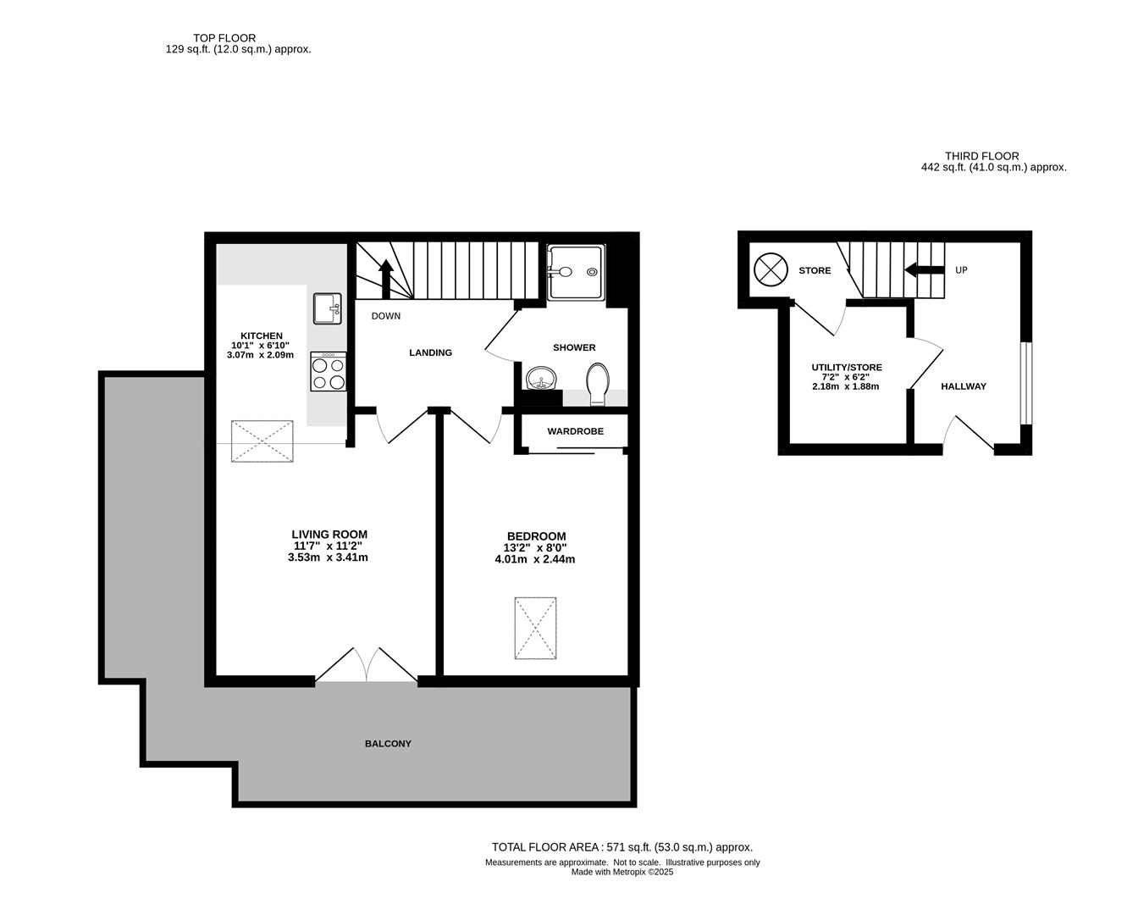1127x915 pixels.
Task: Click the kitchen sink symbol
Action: [x=327, y=308]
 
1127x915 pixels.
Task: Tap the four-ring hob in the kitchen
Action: [x=328, y=371]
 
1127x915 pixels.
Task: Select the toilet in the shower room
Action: [x=597, y=384]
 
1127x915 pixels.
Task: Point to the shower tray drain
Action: [x=592, y=272]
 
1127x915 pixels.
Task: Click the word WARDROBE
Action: [x=575, y=431]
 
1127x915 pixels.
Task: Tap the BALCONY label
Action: [x=388, y=744]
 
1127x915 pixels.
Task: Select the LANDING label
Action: [x=430, y=352]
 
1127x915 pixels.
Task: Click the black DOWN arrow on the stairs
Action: [x=386, y=280]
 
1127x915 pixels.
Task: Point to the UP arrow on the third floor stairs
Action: [x=924, y=270]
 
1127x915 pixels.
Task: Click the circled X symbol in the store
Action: [x=771, y=269]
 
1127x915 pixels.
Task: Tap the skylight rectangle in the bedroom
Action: [x=535, y=628]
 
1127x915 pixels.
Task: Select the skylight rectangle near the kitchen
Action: [x=262, y=441]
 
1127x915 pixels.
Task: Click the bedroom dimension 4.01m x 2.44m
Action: [x=535, y=559]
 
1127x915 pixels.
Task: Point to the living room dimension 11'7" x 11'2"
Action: [x=328, y=546]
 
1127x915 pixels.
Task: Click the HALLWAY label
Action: [x=963, y=386]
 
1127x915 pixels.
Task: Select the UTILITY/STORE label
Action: [x=847, y=367]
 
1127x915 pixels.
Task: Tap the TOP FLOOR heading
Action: [x=224, y=38]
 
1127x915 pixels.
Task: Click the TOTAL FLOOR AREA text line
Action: [x=622, y=847]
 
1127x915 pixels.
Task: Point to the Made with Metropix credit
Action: [x=622, y=872]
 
